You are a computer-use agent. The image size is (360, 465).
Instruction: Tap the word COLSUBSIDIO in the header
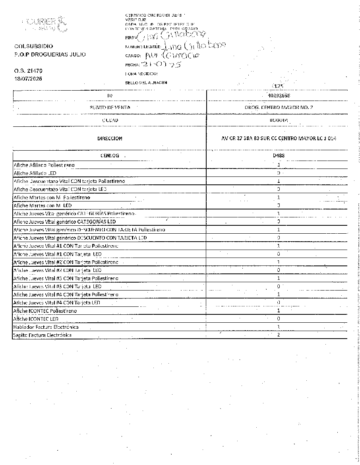33,46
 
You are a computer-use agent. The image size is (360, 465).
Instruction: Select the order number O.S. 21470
28,71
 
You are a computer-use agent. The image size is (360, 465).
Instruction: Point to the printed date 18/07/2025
28,78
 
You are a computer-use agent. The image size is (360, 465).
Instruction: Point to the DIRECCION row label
110,138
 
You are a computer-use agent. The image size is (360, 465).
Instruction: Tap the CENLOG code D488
279,155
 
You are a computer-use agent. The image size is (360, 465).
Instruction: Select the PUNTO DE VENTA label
110,107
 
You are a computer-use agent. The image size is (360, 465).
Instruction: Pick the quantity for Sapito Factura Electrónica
279,335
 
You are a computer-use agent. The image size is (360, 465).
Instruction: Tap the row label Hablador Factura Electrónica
46,327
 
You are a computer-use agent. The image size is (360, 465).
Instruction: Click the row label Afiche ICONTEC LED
36,319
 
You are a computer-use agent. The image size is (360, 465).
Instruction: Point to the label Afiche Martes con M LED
43,205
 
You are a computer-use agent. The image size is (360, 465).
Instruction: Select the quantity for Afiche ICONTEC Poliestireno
279,311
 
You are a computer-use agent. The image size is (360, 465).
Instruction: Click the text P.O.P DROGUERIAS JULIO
50,54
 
